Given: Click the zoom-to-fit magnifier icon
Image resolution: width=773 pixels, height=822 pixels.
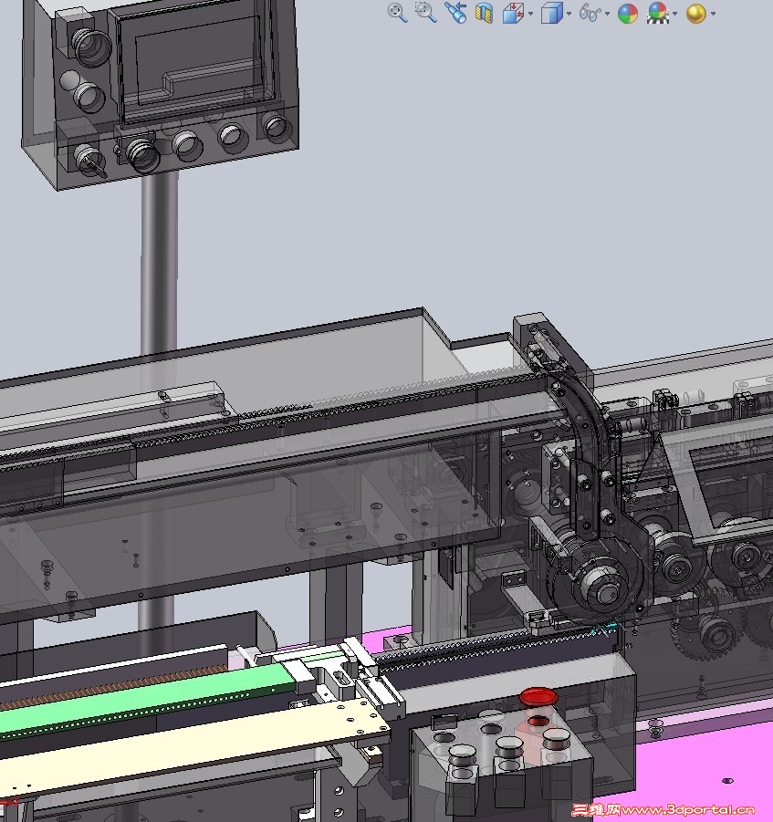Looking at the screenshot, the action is point(398,13).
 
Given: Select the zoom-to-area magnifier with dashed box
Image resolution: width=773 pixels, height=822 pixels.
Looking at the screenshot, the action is point(425,12).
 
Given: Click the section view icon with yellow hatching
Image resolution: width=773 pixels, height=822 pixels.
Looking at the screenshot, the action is point(484,13).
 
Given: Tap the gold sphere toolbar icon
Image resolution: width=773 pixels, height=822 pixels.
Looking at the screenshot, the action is point(696,13).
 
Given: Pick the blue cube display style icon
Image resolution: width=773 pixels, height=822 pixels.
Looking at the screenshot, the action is point(552,13).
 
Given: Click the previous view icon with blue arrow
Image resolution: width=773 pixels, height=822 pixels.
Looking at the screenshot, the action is point(455,13).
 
